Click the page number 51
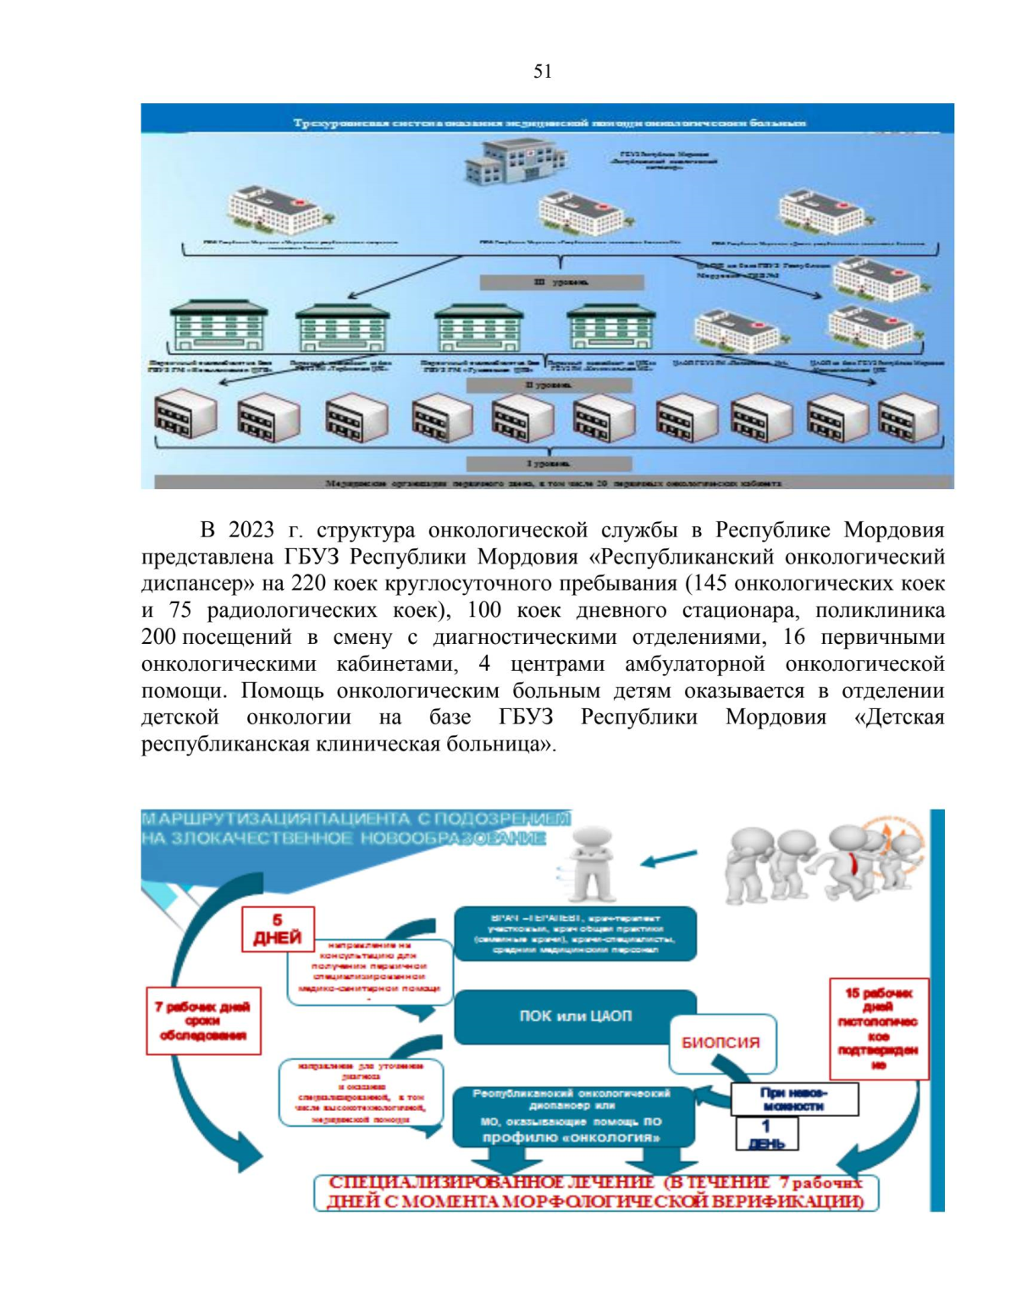coord(543,71)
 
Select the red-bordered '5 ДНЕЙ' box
coord(278,929)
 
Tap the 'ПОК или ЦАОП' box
coord(575,1016)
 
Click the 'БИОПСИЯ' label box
coord(721,1042)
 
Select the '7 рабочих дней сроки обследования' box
coord(203,1020)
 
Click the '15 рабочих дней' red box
coord(878,1028)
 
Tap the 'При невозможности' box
coord(793,1099)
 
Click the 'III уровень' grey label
coord(561,282)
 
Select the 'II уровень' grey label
coord(549,385)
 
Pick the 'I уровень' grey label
coord(549,464)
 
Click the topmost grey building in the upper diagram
coord(514,162)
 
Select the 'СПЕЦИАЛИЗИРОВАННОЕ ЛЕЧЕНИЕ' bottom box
coord(595,1192)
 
